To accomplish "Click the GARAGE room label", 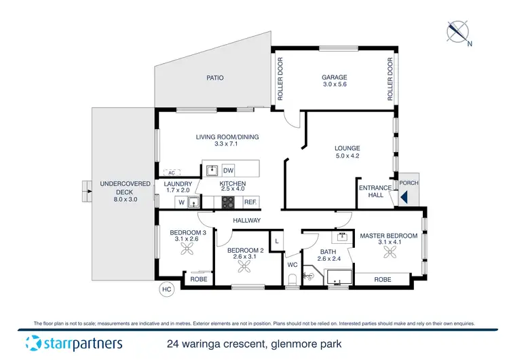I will point(334,77).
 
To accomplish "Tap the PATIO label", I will point(215,78).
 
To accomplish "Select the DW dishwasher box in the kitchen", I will point(229,170).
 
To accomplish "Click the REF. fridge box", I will point(250,202).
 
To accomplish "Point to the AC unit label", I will point(170,172).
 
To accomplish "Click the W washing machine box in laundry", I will point(181,202).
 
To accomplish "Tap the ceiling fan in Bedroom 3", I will point(187,249).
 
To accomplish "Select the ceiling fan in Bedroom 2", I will point(242,266).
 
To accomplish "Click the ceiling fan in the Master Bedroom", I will point(390,253).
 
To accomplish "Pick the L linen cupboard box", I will point(276,240).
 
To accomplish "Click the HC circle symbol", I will point(165,289).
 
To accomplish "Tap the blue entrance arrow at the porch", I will point(404,198).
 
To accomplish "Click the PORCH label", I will point(409,183).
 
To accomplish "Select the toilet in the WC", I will point(293,279).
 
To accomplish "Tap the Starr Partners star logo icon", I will point(34,344).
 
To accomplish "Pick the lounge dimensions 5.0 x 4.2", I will point(347,156).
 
